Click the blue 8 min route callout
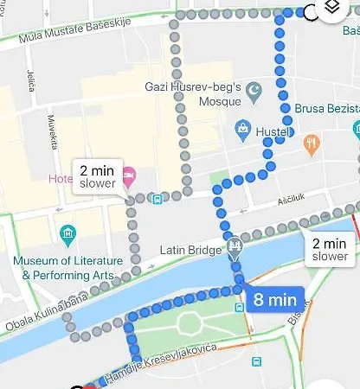coord(274,301)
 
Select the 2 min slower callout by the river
coord(330,250)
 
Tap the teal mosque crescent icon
coord(254,89)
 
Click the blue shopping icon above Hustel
coord(243,130)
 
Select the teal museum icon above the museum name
coord(67,234)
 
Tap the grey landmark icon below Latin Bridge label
coord(234,249)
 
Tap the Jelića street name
coord(31,81)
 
